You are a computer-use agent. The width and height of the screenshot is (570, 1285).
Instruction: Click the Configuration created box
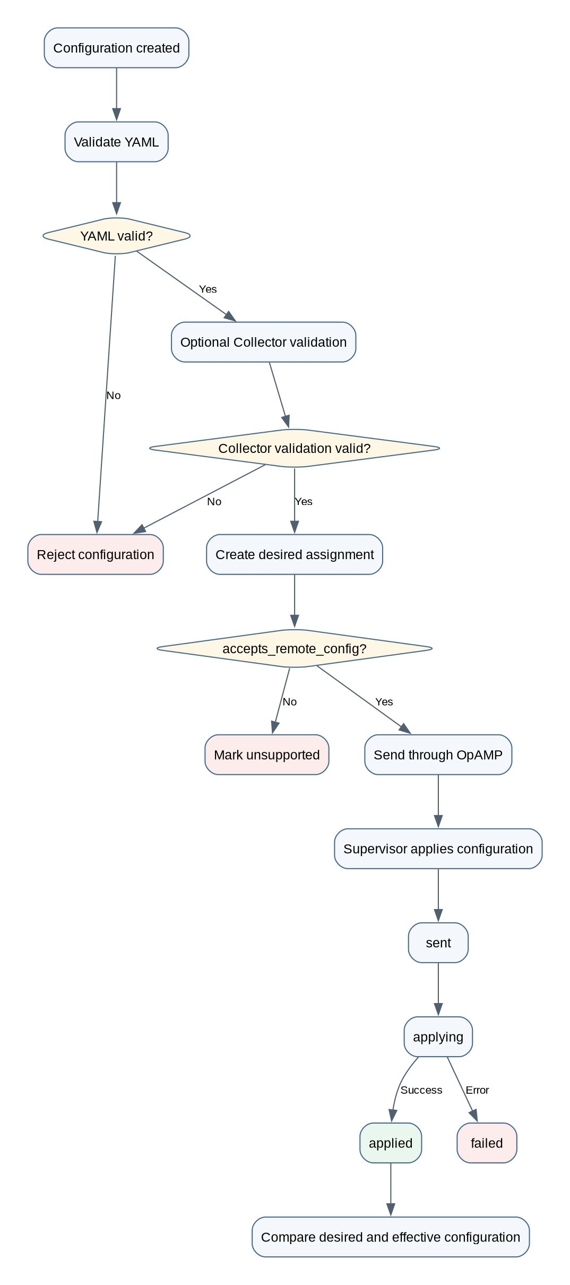click(x=116, y=48)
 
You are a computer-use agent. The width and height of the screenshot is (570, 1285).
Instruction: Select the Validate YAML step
click(x=116, y=142)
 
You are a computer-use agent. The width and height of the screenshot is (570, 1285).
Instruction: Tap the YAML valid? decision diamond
click(x=116, y=236)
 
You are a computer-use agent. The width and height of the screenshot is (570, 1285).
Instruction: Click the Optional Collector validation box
click(x=263, y=342)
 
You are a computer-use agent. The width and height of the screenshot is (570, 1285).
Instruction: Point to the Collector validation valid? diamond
click(x=295, y=448)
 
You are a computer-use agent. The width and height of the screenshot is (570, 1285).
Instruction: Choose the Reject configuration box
click(x=96, y=554)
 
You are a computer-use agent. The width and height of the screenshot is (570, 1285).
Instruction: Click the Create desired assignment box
click(x=295, y=554)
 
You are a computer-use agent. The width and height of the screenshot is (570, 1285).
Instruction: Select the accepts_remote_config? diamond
click(x=295, y=648)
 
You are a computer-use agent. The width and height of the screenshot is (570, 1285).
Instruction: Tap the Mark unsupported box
click(x=267, y=755)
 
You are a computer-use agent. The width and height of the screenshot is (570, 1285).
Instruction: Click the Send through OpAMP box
click(x=438, y=755)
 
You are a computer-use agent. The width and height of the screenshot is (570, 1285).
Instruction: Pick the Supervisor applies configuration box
click(x=438, y=849)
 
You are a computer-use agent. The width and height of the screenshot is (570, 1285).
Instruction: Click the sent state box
click(x=438, y=943)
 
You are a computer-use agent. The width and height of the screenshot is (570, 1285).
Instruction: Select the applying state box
click(x=438, y=1036)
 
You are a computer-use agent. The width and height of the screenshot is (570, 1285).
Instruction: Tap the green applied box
click(x=391, y=1143)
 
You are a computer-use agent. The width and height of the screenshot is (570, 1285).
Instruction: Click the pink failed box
click(x=487, y=1143)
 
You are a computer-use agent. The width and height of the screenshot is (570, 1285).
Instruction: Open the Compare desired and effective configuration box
click(x=391, y=1237)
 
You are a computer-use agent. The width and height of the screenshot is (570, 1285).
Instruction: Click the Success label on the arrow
click(x=421, y=1090)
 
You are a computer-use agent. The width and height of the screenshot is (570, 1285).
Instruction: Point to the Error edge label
click(x=477, y=1090)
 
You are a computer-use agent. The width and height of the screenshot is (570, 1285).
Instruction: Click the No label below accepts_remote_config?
click(x=290, y=701)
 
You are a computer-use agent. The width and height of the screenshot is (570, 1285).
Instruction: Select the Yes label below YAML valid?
click(x=208, y=289)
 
